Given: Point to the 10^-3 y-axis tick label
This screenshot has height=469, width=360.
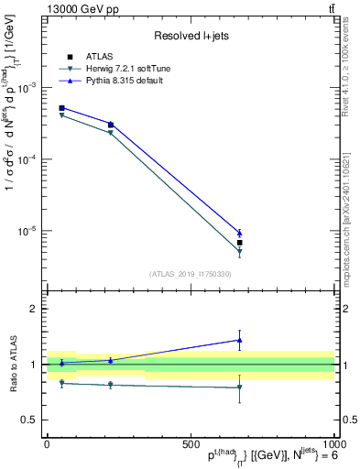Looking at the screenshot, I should tap(27, 88).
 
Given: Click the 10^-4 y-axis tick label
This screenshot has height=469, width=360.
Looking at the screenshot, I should tap(27, 159).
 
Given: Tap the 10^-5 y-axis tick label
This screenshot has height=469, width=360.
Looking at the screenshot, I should tap(27, 231).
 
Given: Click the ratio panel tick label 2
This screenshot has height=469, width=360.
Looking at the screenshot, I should tap(31, 309).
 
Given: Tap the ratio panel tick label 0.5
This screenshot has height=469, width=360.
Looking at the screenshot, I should tap(27, 420).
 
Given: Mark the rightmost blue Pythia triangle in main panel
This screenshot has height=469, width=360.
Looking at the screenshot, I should tap(239, 233).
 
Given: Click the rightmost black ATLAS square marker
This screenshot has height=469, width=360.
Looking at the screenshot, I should tap(239, 243).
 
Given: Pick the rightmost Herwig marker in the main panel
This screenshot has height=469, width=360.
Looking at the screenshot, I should tap(239, 251).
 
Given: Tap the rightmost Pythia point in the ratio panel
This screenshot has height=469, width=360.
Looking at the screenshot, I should tap(239, 340).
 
